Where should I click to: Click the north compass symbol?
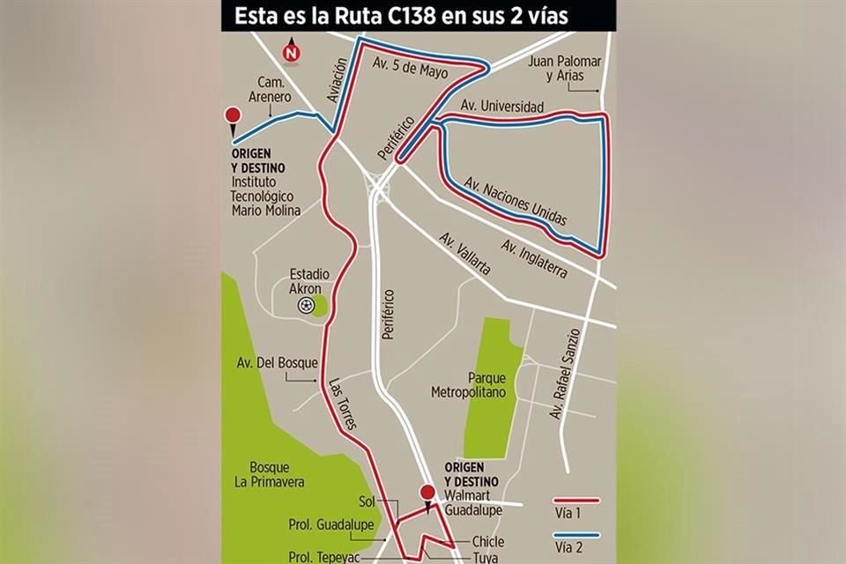click(291, 52)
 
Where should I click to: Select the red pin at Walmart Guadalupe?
click(427, 494)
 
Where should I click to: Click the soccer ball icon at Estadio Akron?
click(305, 305)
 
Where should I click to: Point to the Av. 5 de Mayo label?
click(411, 68)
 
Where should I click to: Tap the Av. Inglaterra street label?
click(534, 259)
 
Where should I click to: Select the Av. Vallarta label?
click(464, 254)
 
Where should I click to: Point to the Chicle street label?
click(487, 541)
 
